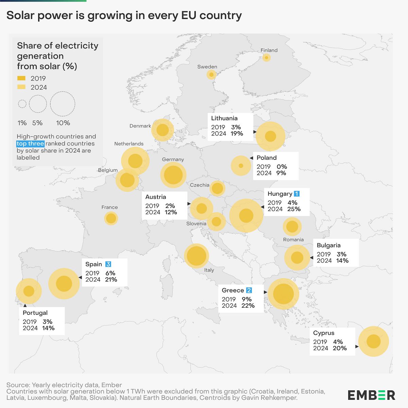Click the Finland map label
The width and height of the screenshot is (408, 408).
click(x=269, y=50)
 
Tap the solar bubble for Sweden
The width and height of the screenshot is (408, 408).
click(x=211, y=74)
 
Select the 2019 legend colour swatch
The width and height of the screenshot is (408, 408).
click(x=21, y=78)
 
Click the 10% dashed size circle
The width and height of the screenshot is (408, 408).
click(x=63, y=104)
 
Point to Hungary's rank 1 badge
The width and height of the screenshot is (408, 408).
click(x=296, y=194)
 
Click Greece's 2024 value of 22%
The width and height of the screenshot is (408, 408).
click(x=248, y=306)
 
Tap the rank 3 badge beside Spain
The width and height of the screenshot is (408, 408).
click(x=108, y=264)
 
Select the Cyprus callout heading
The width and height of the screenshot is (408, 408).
click(x=324, y=333)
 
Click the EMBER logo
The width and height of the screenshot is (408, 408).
click(x=371, y=395)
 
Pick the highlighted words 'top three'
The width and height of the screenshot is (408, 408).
click(x=30, y=143)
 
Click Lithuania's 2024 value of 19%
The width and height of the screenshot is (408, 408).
click(x=237, y=134)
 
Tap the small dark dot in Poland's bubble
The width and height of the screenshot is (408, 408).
click(x=241, y=166)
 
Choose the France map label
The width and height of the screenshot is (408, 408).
click(x=109, y=207)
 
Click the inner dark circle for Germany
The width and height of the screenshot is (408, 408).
click(x=173, y=175)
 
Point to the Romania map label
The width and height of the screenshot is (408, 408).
click(x=293, y=240)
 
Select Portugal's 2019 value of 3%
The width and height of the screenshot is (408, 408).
click(x=47, y=322)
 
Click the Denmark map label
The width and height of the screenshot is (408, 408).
click(x=140, y=126)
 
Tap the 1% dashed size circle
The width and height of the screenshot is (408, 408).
click(x=22, y=104)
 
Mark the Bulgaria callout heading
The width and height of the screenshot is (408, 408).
click(x=328, y=245)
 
